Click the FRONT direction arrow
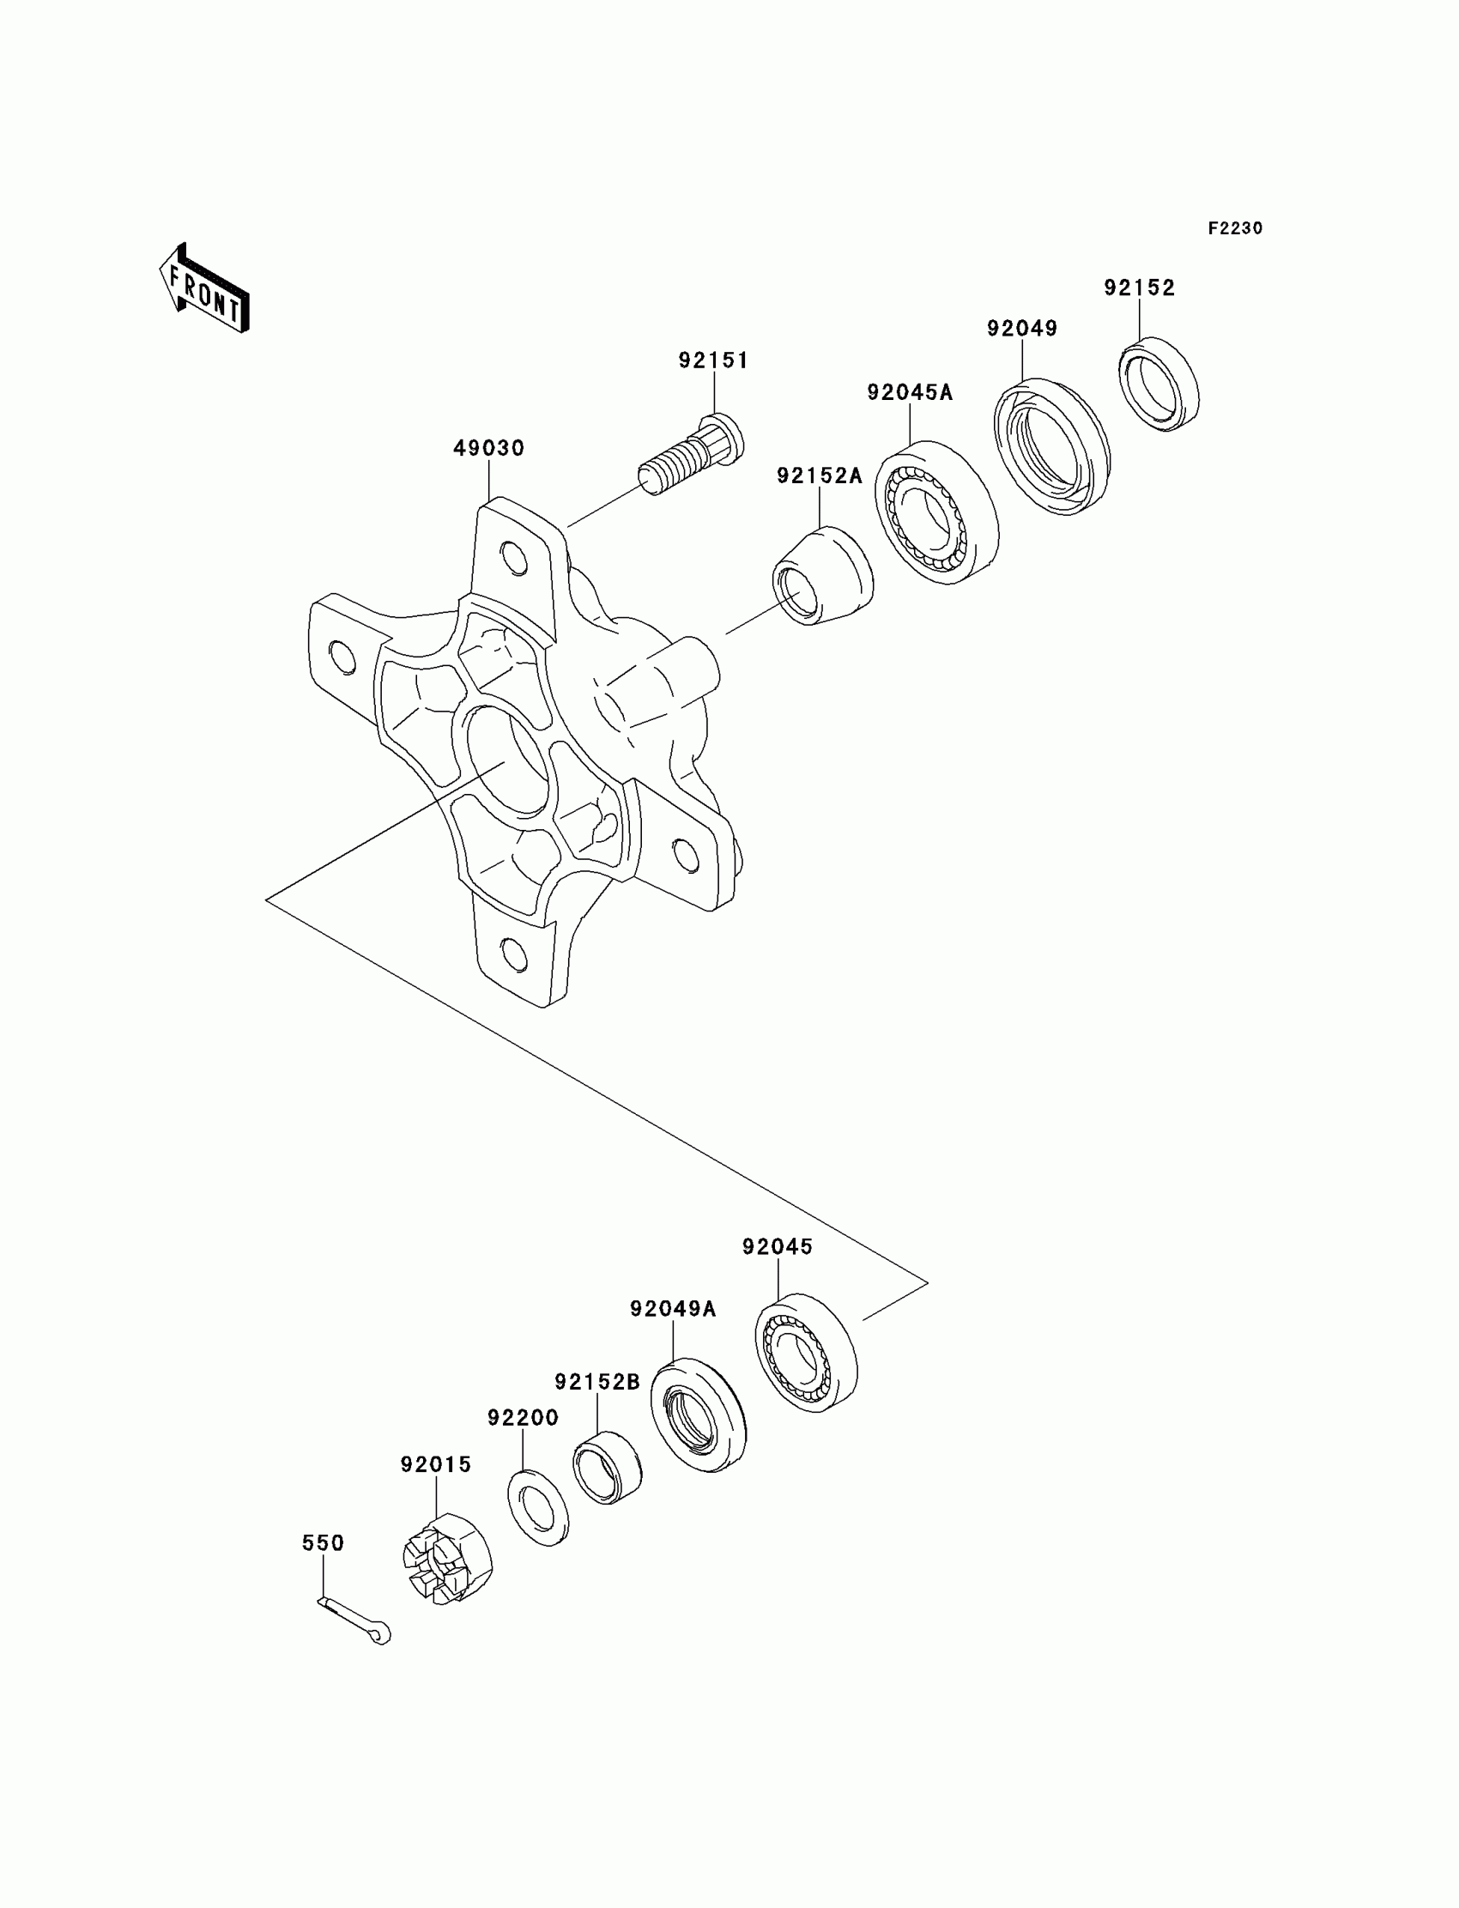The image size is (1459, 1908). [x=205, y=289]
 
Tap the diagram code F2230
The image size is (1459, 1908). [x=1235, y=228]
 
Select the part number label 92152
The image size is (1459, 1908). [x=1140, y=288]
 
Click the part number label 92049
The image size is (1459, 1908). [x=1022, y=328]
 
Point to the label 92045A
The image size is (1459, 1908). [x=909, y=392]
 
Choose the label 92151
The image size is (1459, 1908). [x=713, y=360]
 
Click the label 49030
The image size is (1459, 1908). [x=489, y=448]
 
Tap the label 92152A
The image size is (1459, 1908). [x=819, y=475]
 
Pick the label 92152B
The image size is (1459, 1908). [x=597, y=1381]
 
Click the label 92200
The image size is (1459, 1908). [x=523, y=1417]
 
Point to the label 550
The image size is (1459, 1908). [x=323, y=1542]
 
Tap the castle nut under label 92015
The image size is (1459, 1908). [x=446, y=1559]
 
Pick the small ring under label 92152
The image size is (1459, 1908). [x=1159, y=383]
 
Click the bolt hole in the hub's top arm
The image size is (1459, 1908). [x=514, y=558]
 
